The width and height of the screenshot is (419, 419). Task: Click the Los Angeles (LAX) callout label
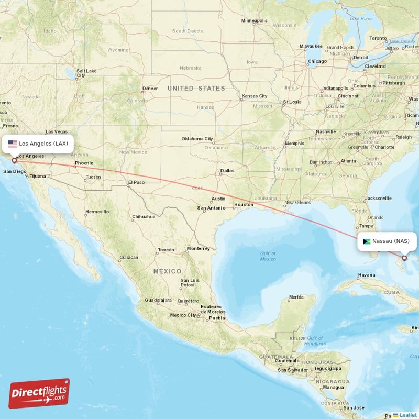click(x=37, y=143)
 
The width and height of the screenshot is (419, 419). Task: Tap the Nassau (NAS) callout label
click(x=388, y=241)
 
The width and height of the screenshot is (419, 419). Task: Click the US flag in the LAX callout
click(x=12, y=143)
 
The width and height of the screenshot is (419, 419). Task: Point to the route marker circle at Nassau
click(x=404, y=258)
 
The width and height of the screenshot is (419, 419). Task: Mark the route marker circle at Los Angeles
click(x=14, y=161)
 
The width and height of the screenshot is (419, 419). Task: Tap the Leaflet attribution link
click(x=407, y=415)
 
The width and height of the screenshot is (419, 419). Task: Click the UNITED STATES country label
click(x=196, y=89)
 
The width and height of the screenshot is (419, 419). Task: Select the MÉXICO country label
click(x=167, y=271)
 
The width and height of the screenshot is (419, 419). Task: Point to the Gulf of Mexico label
click(x=268, y=256)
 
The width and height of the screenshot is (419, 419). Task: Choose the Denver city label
click(x=150, y=89)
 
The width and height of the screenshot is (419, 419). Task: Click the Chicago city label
click(x=317, y=61)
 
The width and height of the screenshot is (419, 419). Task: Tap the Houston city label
click(x=244, y=204)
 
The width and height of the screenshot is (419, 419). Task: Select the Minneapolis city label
click(x=255, y=21)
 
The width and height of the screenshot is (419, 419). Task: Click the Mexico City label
click(x=183, y=315)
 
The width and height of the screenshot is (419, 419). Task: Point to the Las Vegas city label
click(x=57, y=131)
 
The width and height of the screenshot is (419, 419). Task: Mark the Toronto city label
click(x=378, y=38)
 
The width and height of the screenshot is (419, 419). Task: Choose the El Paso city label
click(x=136, y=182)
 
